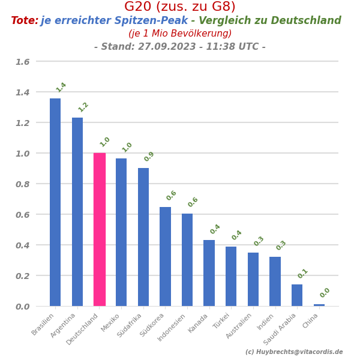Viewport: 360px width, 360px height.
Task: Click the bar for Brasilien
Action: click(55, 202)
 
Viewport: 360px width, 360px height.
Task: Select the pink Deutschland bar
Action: click(100, 229)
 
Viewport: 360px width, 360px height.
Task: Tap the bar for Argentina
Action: click(77, 212)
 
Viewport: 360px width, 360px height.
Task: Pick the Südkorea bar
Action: click(165, 256)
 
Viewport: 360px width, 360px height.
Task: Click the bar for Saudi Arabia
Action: click(297, 295)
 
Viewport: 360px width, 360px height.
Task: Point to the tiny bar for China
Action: click(319, 305)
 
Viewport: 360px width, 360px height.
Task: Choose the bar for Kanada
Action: click(209, 273)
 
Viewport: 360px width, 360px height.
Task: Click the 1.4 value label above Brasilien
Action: click(61, 87)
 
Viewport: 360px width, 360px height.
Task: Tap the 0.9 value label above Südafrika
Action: click(149, 157)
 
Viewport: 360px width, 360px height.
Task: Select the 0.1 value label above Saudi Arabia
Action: click(303, 273)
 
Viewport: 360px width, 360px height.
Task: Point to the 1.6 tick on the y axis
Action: click(22, 62)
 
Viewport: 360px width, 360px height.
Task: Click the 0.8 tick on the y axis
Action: click(22, 184)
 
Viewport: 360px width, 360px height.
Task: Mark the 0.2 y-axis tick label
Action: click(22, 275)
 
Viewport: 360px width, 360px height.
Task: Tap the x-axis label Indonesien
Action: click(172, 328)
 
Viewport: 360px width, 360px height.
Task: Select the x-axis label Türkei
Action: click(221, 321)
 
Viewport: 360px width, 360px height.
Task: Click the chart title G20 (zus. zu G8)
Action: click(180, 7)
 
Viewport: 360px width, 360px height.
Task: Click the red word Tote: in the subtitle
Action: click(25, 21)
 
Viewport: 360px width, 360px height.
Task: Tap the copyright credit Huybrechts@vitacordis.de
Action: click(294, 352)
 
